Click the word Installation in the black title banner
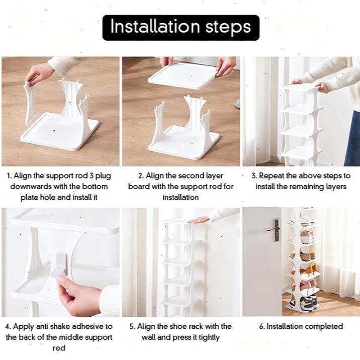[155, 27]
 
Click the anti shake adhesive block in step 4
[60, 264]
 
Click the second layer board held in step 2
[183, 77]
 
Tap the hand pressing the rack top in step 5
[199, 220]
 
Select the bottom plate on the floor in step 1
[60, 132]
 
